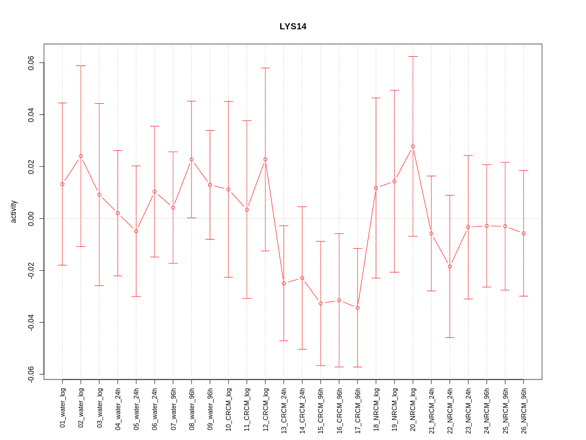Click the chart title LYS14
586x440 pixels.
click(293, 26)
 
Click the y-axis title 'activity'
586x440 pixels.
click(13, 211)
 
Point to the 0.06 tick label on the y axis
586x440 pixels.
click(31, 63)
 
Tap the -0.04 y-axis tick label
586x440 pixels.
click(31, 322)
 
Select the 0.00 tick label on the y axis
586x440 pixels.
click(31, 218)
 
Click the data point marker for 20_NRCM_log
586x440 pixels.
click(413, 146)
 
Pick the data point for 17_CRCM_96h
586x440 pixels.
click(358, 307)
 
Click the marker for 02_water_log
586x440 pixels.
click(81, 156)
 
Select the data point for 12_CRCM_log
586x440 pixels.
click(265, 159)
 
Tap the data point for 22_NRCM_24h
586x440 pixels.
click(450, 266)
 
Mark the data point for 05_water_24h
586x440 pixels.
click(136, 231)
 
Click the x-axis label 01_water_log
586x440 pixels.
click(62, 407)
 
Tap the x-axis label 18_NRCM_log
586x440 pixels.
click(376, 407)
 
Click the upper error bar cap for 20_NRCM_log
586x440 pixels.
click(413, 56)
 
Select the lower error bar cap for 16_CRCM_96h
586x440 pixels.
click(339, 367)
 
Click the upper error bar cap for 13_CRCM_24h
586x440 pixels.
click(284, 226)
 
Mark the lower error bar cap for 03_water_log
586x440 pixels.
click(99, 285)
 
